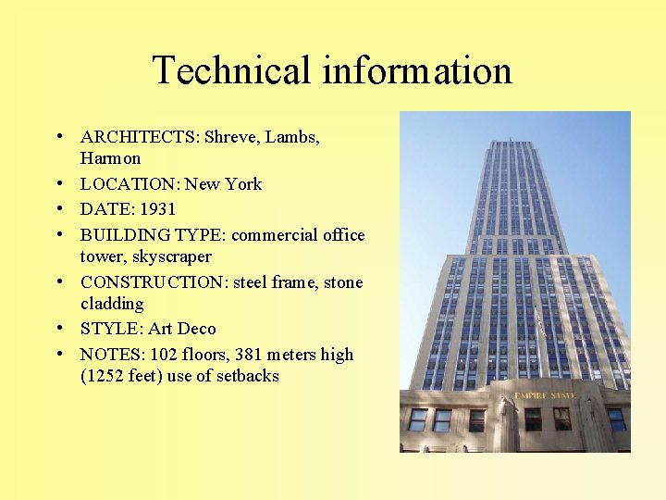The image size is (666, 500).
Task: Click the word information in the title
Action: tap(413, 70)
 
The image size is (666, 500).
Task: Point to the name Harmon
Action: tap(111, 158)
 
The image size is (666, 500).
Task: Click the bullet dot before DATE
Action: tap(58, 208)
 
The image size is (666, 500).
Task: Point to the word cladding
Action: tap(112, 304)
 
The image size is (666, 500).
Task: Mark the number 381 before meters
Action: tap(251, 355)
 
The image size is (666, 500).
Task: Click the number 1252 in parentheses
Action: tap(108, 376)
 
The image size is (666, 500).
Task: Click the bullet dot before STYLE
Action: tap(58, 328)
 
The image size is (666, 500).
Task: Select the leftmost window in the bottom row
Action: tap(418, 419)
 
